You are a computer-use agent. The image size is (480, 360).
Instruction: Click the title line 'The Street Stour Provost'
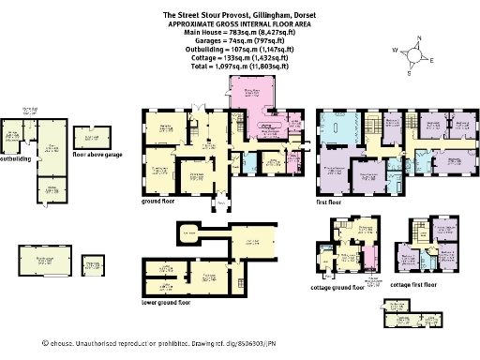click(x=240, y=15)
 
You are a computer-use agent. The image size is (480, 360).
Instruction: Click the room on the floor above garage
click(x=93, y=136)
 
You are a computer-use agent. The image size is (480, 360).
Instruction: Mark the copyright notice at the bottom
click(x=240, y=344)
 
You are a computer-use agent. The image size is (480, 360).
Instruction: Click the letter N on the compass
click(x=417, y=38)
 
